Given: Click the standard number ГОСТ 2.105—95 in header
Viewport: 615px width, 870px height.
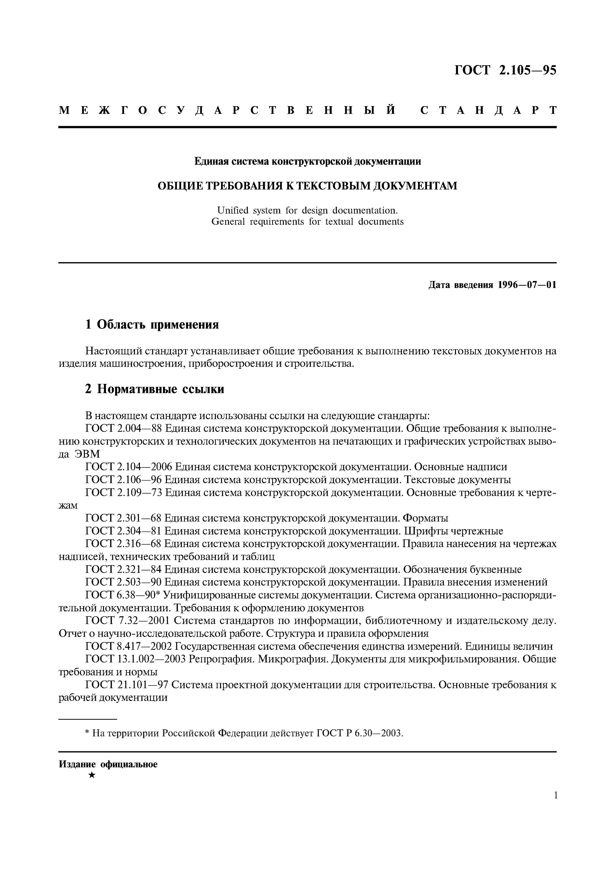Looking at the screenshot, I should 505,70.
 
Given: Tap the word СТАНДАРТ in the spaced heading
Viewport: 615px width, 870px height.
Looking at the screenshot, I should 489,111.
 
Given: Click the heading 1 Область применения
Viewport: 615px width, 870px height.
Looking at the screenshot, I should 152,324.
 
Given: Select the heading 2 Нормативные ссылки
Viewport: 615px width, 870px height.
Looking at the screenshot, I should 155,389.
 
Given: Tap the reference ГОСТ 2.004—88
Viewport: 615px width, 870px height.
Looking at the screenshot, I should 124,429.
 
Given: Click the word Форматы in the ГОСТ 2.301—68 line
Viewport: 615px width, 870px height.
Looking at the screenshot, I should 425,518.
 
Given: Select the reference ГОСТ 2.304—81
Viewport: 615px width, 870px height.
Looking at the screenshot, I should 124,531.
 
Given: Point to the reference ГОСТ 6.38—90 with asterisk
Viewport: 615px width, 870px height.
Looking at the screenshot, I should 124,595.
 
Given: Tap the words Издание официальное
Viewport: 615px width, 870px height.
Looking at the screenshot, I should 108,764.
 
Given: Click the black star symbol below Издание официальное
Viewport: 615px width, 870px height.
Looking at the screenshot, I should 91,776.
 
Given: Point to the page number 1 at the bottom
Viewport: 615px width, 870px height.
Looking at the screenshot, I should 556,806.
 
